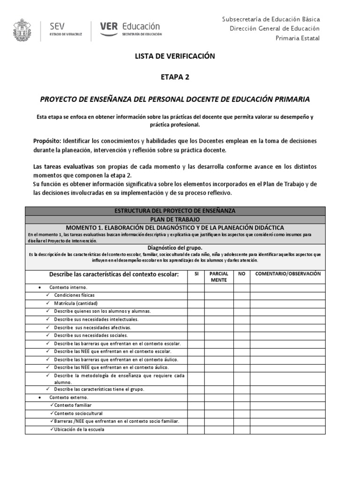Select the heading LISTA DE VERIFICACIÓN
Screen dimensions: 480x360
(x=174, y=56)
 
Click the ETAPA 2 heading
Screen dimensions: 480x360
(x=174, y=78)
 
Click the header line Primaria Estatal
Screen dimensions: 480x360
(x=297, y=38)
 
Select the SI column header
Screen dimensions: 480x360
(x=196, y=274)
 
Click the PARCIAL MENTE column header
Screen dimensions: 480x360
(x=218, y=277)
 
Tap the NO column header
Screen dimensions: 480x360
(x=241, y=274)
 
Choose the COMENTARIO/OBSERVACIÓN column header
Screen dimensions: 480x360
(x=287, y=274)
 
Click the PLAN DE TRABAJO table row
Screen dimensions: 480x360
(x=175, y=219)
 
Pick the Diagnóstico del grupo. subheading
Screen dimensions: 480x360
(x=175, y=247)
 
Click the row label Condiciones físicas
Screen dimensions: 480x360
(x=74, y=295)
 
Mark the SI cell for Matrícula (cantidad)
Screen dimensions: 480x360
(x=196, y=303)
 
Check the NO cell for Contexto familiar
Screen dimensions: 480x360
(x=241, y=405)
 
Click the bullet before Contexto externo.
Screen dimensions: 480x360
(x=39, y=397)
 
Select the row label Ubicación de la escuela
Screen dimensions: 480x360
(x=79, y=429)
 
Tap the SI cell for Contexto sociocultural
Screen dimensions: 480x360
(x=196, y=413)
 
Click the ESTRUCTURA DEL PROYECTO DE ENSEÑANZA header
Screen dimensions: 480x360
(x=175, y=211)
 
